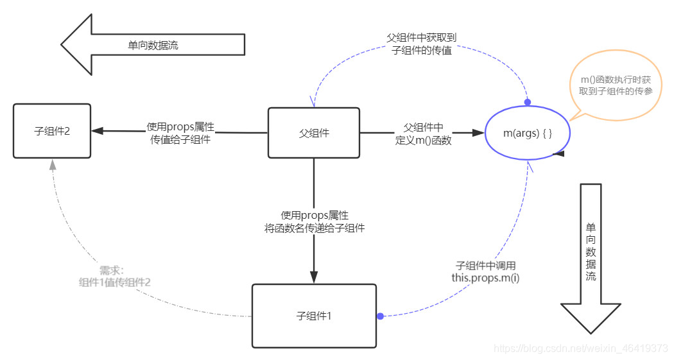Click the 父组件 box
(x=313, y=133)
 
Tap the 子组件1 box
(x=314, y=316)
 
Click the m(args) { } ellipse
(x=528, y=132)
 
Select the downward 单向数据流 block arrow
(x=591, y=257)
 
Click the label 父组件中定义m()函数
(x=423, y=134)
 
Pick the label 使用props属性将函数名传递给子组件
(x=315, y=221)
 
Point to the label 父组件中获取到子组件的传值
(x=421, y=44)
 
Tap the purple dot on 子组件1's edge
(x=380, y=316)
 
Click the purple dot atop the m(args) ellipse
(x=528, y=102)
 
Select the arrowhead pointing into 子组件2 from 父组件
(x=97, y=131)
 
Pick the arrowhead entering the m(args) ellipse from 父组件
(x=478, y=133)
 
